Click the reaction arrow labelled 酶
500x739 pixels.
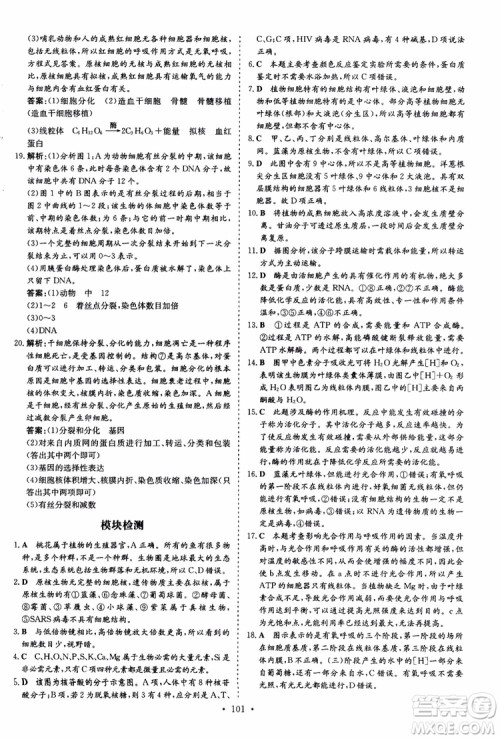point(129,129)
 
